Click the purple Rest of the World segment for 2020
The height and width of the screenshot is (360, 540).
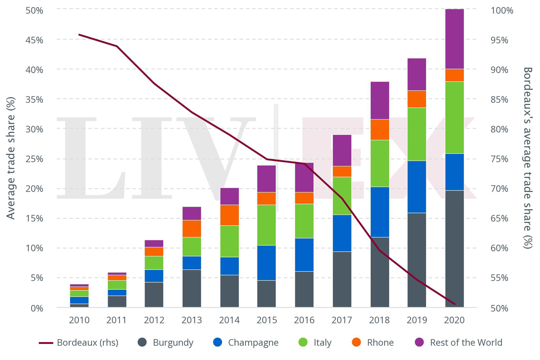(x=454, y=39)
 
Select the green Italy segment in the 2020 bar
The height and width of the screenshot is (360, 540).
(x=454, y=118)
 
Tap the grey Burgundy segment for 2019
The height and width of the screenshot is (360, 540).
(x=417, y=260)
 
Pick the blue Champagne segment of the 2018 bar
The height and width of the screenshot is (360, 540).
(x=379, y=212)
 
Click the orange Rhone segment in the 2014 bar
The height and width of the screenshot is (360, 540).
(x=229, y=215)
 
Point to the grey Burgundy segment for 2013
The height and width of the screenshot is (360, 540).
(x=191, y=288)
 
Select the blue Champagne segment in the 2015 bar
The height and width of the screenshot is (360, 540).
(x=267, y=263)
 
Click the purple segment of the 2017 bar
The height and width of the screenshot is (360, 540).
(x=342, y=150)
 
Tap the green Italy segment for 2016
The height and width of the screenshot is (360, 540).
(x=304, y=221)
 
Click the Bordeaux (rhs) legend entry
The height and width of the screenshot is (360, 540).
(x=79, y=343)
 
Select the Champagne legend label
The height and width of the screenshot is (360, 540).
(x=253, y=343)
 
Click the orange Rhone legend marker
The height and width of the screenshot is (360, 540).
(x=356, y=342)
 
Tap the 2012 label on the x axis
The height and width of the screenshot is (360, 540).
(x=154, y=320)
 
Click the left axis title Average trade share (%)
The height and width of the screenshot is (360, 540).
(x=11, y=158)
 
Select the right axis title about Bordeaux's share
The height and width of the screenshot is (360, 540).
(x=527, y=158)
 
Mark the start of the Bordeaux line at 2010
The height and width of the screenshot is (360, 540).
(x=79, y=35)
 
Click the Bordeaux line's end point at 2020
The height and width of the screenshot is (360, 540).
(x=455, y=304)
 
